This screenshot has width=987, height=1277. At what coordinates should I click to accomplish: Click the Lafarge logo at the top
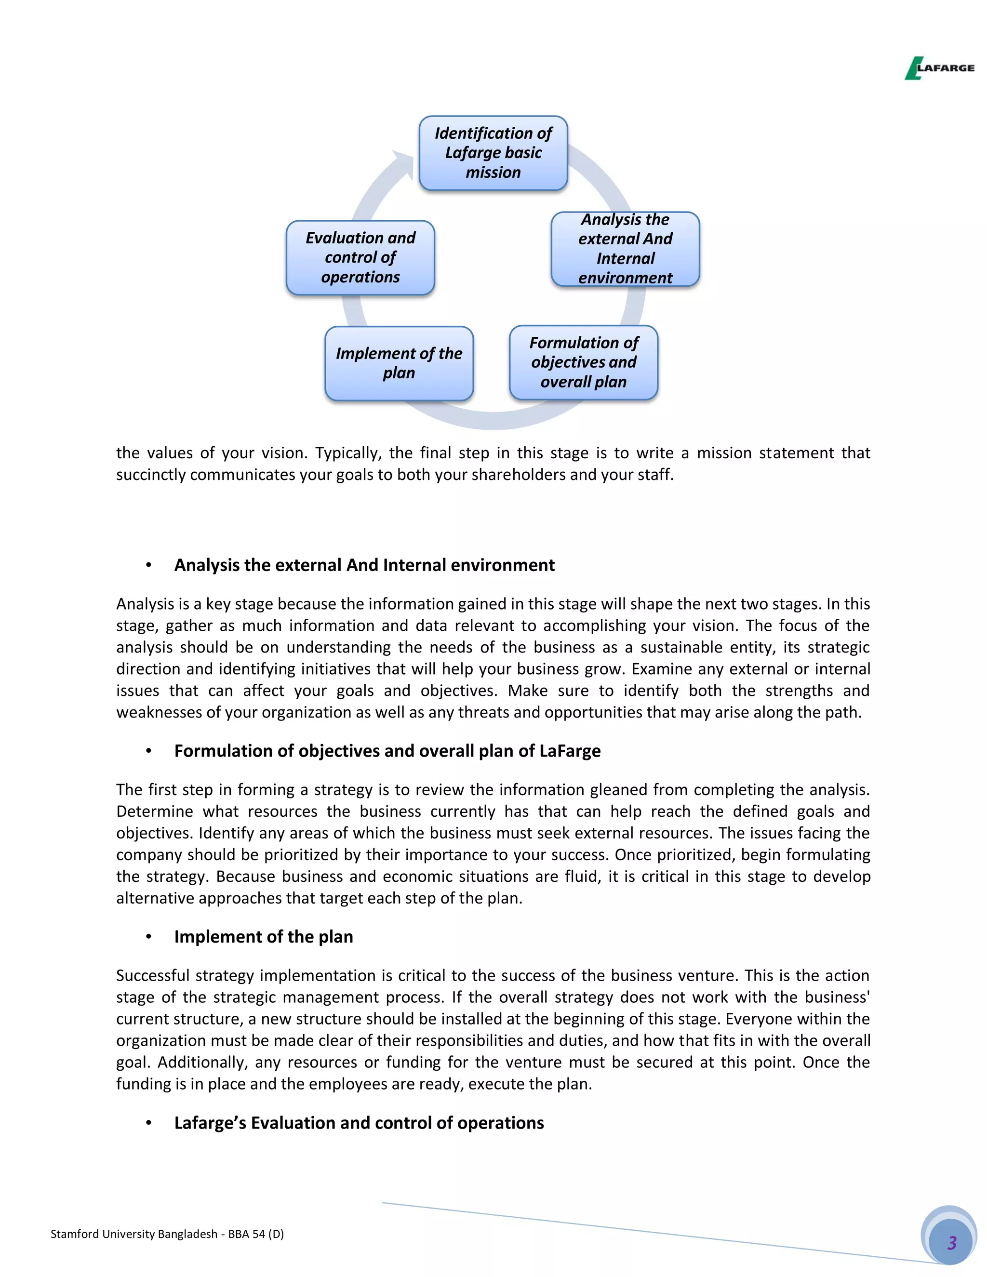939,68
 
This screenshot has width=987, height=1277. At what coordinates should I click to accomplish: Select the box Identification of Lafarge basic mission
493,153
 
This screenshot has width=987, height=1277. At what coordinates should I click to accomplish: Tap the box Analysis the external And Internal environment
625,249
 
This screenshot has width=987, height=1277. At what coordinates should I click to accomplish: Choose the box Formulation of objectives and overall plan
584,362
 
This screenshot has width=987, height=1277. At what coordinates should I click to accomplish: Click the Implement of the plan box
399,363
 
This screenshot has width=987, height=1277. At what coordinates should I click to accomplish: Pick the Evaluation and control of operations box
360,257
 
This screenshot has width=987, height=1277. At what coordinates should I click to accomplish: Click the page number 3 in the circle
951,1242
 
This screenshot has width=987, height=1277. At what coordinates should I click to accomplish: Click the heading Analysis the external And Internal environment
364,565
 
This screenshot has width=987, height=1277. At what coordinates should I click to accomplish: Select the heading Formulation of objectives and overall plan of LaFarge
387,751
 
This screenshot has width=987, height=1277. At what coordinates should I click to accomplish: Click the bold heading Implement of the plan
263,937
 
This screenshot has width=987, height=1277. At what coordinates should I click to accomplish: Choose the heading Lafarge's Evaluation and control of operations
359,1123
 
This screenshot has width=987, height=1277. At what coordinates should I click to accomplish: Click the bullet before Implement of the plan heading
148,937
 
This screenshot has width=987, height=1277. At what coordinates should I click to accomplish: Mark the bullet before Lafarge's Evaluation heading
148,1123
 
